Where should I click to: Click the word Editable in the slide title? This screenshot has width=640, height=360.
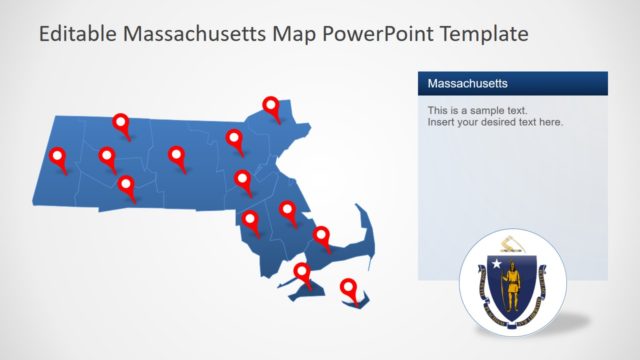point(74,34)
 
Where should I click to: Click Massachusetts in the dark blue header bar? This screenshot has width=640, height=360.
point(468,83)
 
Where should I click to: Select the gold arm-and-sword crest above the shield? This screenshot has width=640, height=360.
point(513,243)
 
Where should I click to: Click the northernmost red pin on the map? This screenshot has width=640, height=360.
point(271,105)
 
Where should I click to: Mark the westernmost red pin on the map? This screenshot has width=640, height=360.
point(58,157)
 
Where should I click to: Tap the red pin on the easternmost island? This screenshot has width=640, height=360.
point(349,288)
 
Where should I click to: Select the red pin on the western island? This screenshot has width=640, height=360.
point(302,271)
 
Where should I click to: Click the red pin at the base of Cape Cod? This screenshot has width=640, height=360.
point(321,236)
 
